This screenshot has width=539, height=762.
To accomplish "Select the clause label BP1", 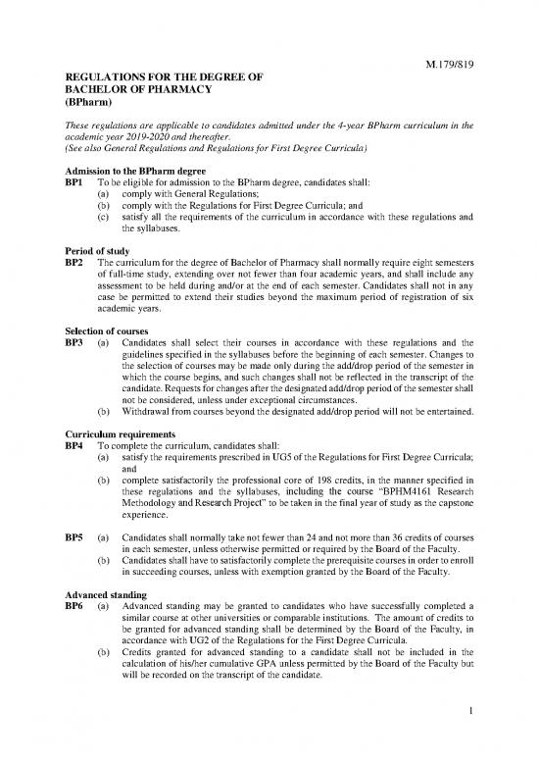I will pos(74,183).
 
